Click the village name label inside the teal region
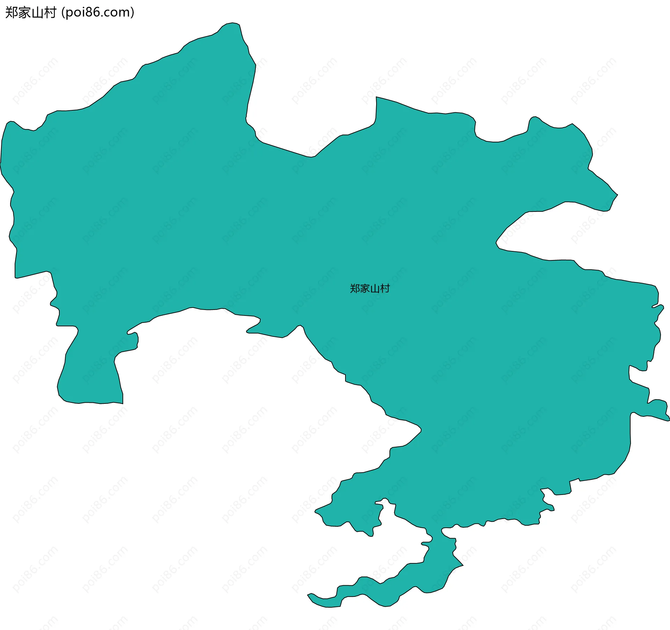pos(370,289)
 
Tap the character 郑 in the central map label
pos(355,289)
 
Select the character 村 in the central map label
pos(385,289)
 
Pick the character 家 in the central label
pos(365,289)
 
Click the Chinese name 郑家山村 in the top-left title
pos(31,13)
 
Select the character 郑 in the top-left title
pos(10,13)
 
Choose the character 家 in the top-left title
pos(24,13)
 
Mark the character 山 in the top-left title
pos(37,13)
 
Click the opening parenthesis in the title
pos(63,13)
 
